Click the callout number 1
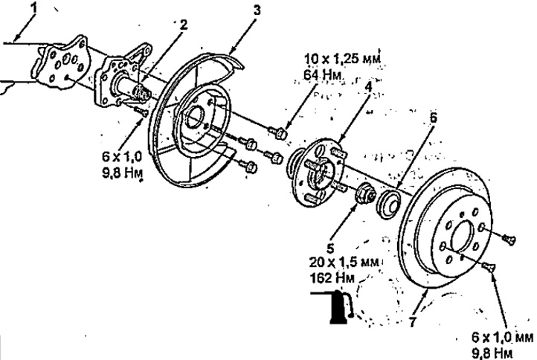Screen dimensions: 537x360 tap(34, 9)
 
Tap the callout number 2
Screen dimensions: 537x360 tap(184, 25)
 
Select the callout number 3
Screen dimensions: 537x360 tap(257, 10)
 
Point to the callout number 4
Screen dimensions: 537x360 tap(368, 87)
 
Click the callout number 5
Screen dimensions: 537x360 tap(330, 248)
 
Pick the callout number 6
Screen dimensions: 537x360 tap(433, 118)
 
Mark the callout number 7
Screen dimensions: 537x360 tap(414, 321)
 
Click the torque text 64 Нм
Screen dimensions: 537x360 tap(322, 74)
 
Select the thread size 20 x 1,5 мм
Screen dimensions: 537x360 tap(344, 263)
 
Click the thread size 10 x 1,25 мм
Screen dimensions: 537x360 tap(342, 60)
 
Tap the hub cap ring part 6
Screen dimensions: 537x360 tap(388, 204)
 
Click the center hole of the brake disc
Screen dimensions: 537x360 tap(465, 237)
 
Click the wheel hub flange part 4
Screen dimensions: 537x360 tap(318, 173)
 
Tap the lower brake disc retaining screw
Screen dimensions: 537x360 tap(488, 266)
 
